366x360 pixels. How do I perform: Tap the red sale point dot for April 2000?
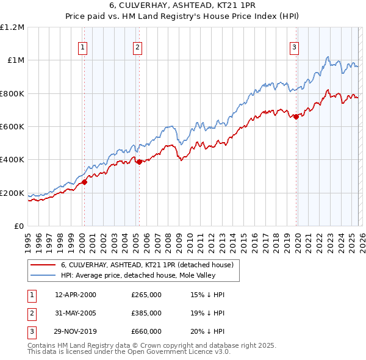[x=85, y=182]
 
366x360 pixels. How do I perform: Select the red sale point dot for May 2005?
[x=140, y=162]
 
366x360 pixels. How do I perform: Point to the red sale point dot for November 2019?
[x=296, y=117]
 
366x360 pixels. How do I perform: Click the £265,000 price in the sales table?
[x=146, y=295]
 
